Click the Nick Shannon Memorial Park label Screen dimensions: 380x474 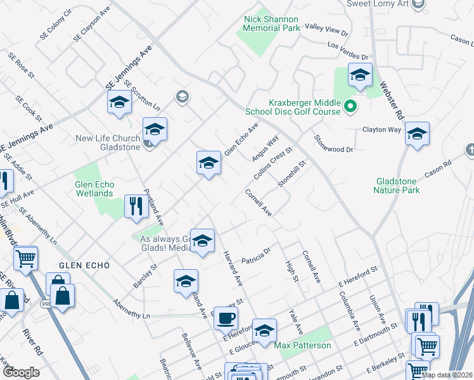[272, 23]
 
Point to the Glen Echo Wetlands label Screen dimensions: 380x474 [96, 189]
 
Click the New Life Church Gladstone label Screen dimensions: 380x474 [107, 142]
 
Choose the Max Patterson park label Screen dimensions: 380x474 [302, 346]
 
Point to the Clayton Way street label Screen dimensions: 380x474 [381, 130]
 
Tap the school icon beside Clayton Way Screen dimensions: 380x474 [417, 134]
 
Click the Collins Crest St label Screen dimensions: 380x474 [272, 163]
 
